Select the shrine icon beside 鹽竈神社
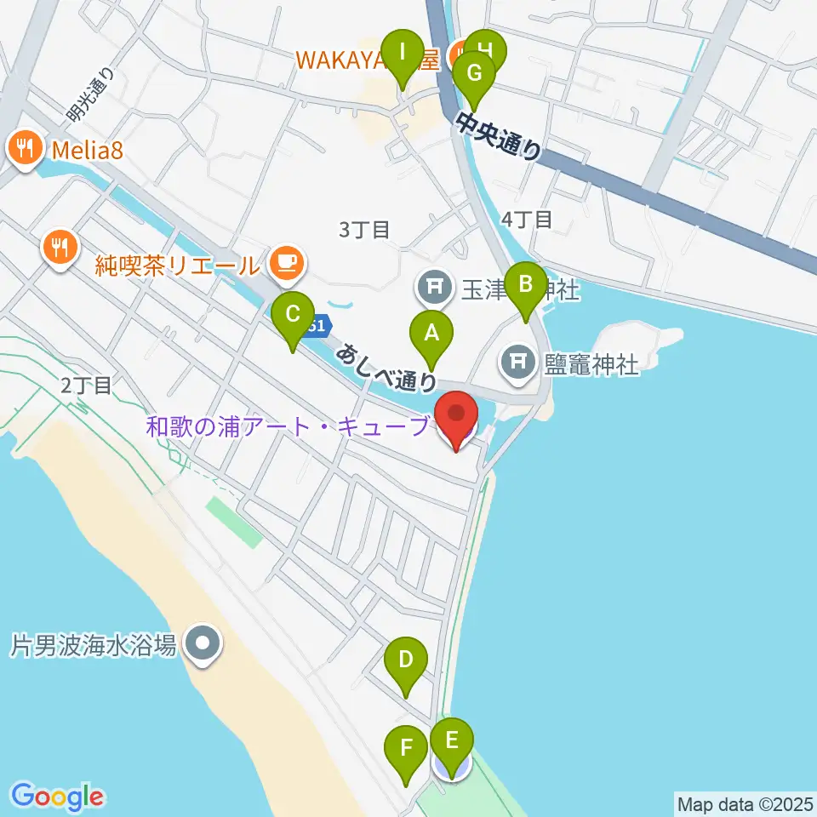point(518,365)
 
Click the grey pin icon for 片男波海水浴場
point(203,645)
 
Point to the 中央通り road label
point(499,134)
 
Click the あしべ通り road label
point(386,367)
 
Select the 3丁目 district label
point(364,229)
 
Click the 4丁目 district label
point(527,219)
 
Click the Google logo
point(58,797)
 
